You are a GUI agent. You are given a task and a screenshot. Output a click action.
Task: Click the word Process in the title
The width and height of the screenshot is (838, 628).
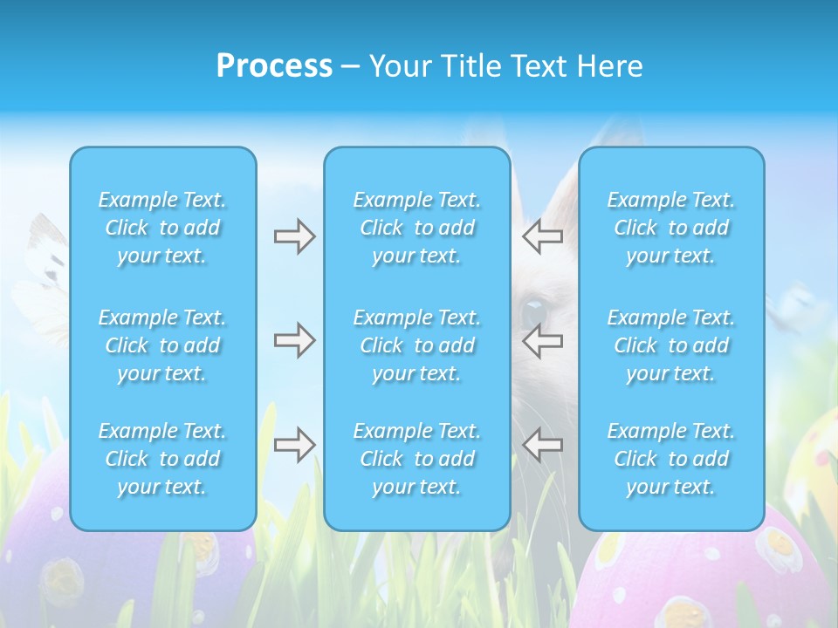(274, 65)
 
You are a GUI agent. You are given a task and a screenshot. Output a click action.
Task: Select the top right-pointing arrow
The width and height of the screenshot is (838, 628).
(294, 236)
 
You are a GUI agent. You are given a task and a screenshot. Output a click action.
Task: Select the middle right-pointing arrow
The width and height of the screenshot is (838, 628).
(294, 340)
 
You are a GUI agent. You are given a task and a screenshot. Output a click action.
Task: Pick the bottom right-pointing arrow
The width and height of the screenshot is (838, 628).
(294, 445)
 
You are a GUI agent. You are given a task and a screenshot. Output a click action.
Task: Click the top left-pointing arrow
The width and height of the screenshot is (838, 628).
(542, 236)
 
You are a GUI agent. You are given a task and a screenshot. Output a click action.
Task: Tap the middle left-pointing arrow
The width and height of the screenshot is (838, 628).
(542, 340)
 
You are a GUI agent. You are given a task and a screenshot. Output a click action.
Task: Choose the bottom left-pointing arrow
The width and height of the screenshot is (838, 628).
(542, 445)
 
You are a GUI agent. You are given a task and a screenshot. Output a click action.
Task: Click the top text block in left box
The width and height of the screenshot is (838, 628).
(162, 228)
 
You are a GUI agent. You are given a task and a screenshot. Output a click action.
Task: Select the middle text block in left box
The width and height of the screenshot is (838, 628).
(162, 345)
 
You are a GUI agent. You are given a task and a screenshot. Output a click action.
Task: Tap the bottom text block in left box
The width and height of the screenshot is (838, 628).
(162, 459)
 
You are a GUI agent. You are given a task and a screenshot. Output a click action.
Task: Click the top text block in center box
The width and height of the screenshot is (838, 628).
(417, 228)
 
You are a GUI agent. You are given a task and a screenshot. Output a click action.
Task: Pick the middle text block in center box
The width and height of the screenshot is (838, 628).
(417, 345)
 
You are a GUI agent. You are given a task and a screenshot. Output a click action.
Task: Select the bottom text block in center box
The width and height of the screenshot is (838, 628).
(417, 459)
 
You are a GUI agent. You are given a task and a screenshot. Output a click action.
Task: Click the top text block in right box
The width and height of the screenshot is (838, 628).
(671, 228)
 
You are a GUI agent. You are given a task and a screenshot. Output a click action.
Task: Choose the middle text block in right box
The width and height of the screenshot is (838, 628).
(671, 345)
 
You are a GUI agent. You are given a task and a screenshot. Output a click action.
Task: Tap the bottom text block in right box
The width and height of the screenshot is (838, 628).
(671, 459)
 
